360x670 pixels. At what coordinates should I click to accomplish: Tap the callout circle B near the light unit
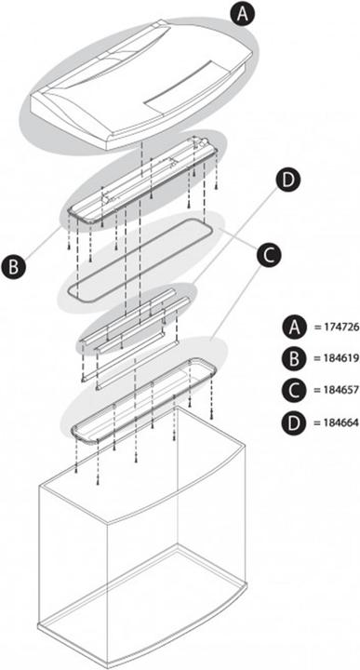(14, 267)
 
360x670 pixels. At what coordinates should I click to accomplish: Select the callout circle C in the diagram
(269, 255)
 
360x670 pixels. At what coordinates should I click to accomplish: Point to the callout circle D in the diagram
(288, 181)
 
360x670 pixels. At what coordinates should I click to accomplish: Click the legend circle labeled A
(294, 328)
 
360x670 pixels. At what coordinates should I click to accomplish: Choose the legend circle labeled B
(294, 358)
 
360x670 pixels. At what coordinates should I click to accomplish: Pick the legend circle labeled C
(294, 390)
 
